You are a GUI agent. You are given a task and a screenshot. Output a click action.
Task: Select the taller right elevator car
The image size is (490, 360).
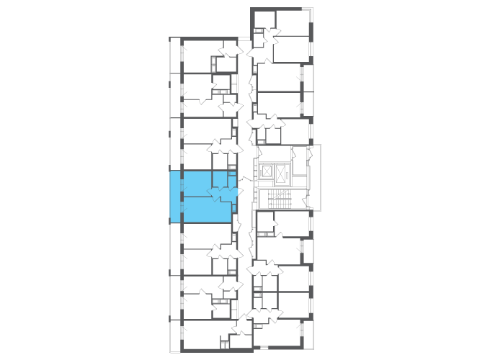[x=280, y=173]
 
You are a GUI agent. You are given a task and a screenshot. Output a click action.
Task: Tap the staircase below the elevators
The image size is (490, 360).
[x=277, y=199]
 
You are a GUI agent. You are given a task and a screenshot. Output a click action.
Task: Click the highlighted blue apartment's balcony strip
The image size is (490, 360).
[x=175, y=196]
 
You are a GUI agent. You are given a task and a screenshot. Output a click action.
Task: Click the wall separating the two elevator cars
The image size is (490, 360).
[x=273, y=173]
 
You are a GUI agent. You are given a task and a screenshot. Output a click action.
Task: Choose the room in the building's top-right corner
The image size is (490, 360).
[x=293, y=21]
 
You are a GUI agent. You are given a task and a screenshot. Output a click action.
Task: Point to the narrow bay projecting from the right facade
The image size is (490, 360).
[x=314, y=177]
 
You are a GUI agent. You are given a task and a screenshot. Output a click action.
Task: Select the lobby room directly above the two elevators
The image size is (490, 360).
[x=272, y=153]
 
